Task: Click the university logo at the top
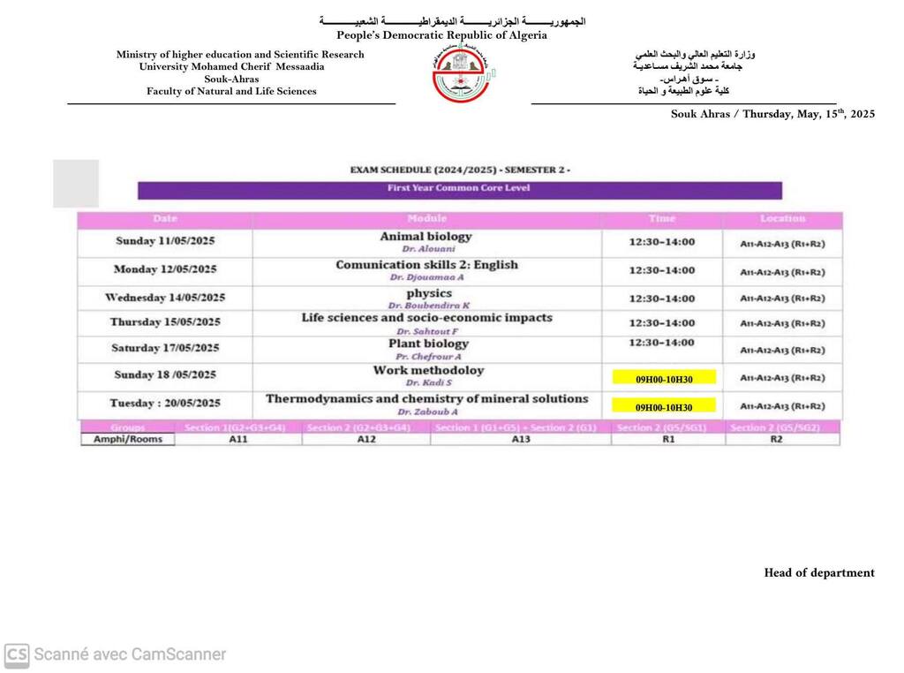(463, 74)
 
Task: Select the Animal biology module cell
(426, 242)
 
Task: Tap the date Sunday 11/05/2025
(165, 241)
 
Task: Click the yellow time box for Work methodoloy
(664, 379)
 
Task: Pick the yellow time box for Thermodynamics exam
(664, 407)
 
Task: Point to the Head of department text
(818, 573)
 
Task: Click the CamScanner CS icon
(17, 655)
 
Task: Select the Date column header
(165, 218)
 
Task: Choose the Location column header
(782, 218)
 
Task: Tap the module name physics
(429, 293)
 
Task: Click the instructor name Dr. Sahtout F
(427, 330)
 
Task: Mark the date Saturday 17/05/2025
(165, 348)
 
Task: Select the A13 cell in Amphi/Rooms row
(521, 439)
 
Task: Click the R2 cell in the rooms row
(776, 439)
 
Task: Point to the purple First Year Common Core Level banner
(459, 189)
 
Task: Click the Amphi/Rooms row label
(128, 439)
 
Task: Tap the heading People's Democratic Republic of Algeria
(441, 35)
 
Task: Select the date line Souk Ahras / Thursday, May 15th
(772, 114)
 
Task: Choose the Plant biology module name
(428, 344)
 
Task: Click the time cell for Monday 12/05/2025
(661, 269)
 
